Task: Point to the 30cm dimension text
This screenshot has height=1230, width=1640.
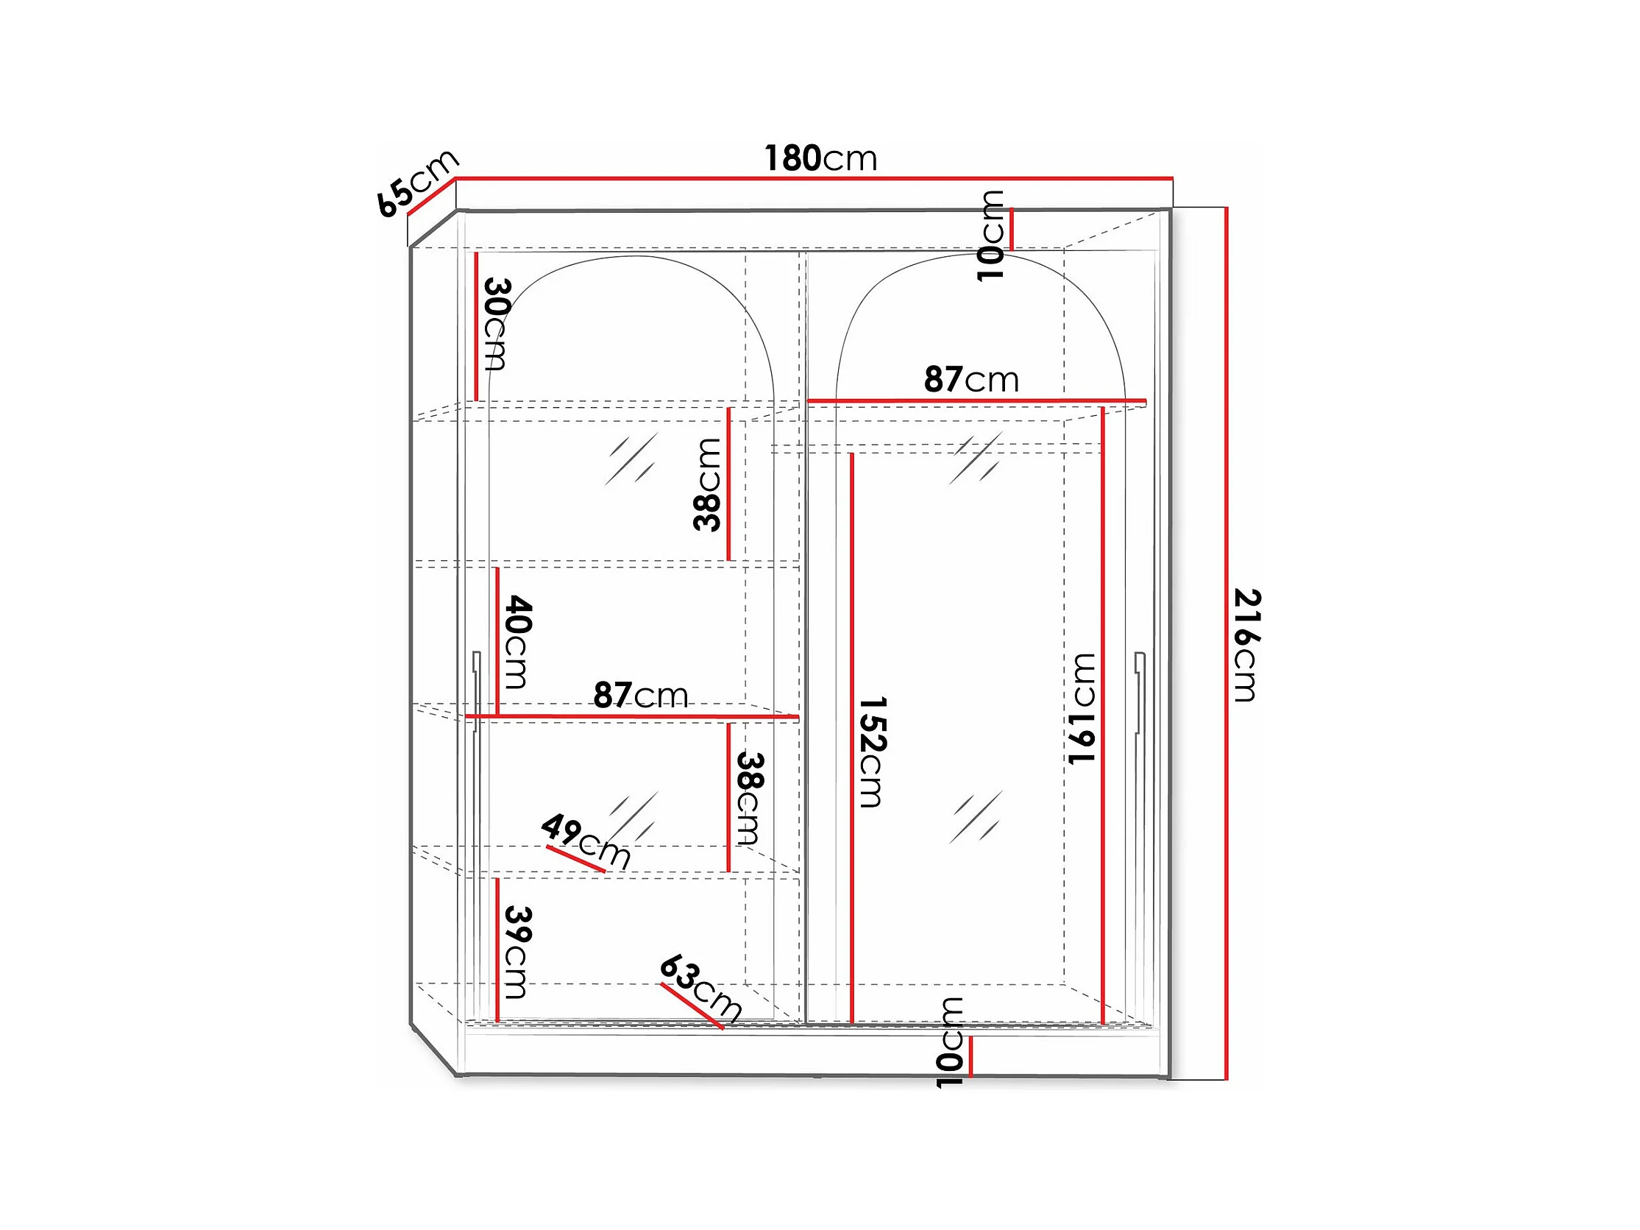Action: click(496, 323)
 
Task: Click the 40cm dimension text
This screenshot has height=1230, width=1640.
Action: click(517, 642)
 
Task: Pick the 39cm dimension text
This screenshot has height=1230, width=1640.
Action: click(517, 952)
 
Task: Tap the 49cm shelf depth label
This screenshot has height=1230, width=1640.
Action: click(586, 840)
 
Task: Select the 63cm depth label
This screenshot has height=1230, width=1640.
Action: click(700, 987)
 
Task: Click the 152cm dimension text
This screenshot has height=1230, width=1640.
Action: click(872, 752)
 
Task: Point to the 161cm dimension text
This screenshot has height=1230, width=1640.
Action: click(1081, 708)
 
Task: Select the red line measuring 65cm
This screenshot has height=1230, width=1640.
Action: click(430, 197)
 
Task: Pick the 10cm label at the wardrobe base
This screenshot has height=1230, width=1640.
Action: click(949, 1042)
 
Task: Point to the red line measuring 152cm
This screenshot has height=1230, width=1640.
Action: click(852, 738)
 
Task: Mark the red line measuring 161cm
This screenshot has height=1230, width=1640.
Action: click(1103, 716)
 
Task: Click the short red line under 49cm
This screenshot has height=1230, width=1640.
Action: click(576, 858)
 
